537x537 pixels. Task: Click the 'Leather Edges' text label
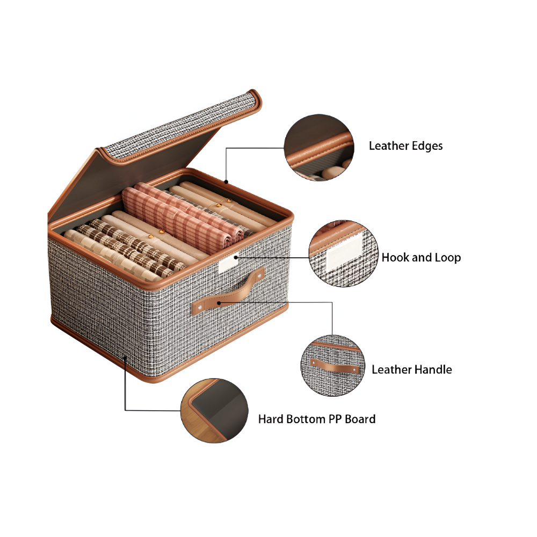click(x=405, y=146)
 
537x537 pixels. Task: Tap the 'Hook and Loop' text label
click(x=421, y=258)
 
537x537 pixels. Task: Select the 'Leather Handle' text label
click(x=412, y=369)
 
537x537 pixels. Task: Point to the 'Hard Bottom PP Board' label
click(x=317, y=419)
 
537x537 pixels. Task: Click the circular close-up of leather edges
click(x=319, y=147)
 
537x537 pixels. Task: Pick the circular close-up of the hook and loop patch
click(x=344, y=253)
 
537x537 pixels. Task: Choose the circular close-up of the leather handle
click(x=333, y=366)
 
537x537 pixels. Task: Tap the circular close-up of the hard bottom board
click(x=214, y=410)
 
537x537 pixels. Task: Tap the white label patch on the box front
click(x=228, y=264)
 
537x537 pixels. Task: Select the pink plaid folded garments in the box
click(x=183, y=216)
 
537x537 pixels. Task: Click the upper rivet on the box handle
click(x=259, y=275)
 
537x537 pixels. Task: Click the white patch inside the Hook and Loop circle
click(x=344, y=251)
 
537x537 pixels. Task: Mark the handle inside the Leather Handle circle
click(x=335, y=366)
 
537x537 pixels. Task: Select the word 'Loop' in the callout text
click(x=446, y=258)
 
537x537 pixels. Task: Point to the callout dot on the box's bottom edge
click(x=125, y=358)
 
